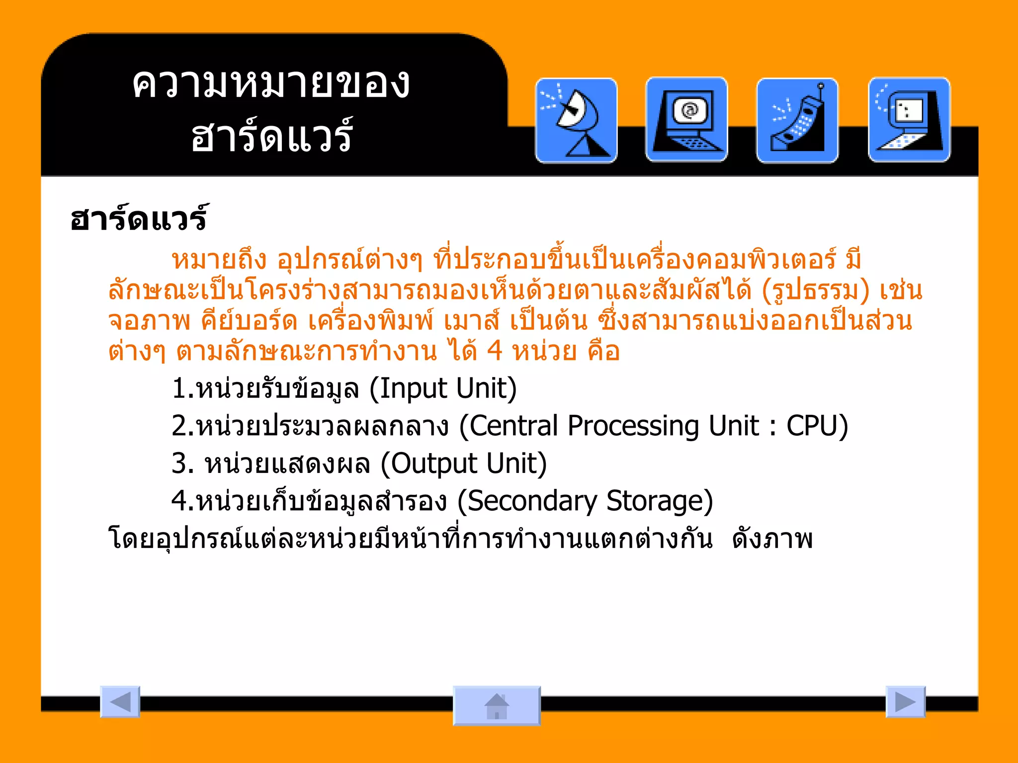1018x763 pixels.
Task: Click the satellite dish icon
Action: (576, 121)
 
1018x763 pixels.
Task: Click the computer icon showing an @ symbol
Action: (686, 120)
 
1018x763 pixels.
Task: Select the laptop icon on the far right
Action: (909, 120)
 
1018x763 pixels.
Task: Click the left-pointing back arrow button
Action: (120, 702)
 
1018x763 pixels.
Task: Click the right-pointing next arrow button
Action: (905, 702)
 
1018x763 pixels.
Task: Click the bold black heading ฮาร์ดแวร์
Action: (138, 219)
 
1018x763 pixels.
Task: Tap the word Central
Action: (514, 426)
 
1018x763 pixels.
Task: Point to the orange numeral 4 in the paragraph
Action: (495, 351)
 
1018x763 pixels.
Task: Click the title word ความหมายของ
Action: (271, 83)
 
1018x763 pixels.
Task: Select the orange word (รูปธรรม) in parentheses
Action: (816, 290)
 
